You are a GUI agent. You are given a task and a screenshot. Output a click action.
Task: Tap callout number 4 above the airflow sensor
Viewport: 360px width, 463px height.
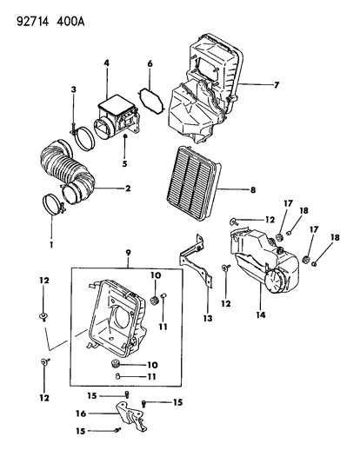[106, 63]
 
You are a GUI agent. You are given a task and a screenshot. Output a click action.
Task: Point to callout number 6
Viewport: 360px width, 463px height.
[150, 63]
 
